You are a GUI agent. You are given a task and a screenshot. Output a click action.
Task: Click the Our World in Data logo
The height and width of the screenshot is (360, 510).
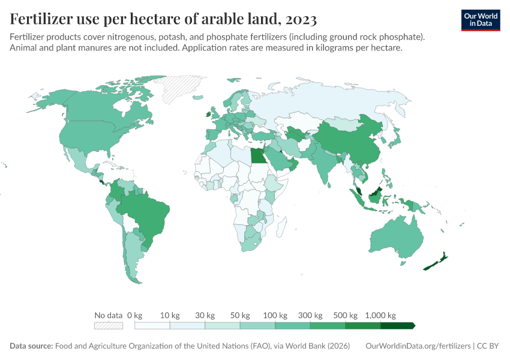coord(480,19)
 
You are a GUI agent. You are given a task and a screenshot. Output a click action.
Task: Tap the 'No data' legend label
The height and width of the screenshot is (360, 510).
coord(109,315)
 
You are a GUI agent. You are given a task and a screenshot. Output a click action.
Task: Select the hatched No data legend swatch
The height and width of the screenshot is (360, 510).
coord(109,325)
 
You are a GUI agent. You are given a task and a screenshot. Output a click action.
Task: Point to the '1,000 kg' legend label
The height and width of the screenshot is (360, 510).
coord(380,315)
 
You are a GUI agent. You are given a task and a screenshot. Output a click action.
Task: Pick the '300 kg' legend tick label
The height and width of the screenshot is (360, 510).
coord(310,315)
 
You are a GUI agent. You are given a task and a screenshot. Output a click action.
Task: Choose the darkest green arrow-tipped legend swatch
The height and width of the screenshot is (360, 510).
coord(398,325)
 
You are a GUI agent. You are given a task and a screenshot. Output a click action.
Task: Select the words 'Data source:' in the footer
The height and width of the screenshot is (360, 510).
coord(31,346)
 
